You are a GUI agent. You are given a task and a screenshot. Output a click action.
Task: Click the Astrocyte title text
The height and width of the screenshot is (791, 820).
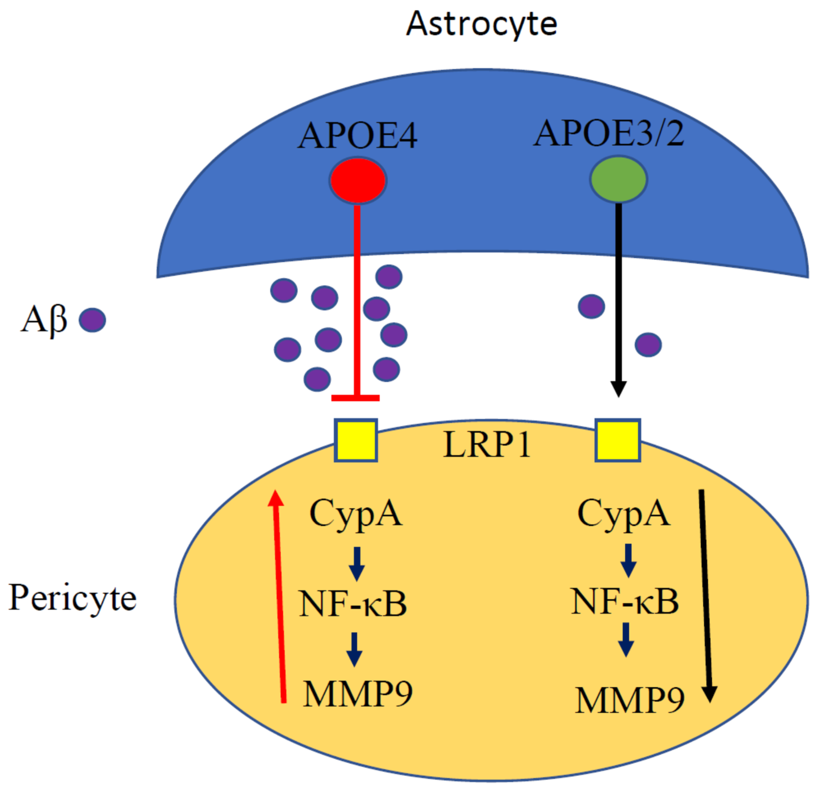point(481,24)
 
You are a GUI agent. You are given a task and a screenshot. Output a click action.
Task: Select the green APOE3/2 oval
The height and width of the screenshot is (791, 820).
point(618,179)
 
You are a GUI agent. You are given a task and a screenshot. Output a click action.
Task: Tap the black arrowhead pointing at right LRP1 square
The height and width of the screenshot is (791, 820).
point(618,389)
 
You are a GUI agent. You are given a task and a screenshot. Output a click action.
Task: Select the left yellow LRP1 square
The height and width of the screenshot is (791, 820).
point(356,440)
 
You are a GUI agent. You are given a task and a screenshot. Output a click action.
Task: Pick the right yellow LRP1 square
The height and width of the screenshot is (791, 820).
point(617,440)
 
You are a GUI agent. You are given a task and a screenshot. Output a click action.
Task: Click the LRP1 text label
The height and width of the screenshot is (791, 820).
point(487,444)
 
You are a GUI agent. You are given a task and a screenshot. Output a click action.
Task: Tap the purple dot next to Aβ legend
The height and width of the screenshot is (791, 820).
point(93,320)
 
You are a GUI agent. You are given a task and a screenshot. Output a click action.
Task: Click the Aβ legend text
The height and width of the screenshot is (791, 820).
point(44,320)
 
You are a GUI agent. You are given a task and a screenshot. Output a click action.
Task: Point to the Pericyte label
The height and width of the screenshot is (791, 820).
point(72,598)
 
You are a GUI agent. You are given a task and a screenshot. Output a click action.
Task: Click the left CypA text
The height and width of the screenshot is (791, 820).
point(356,514)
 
